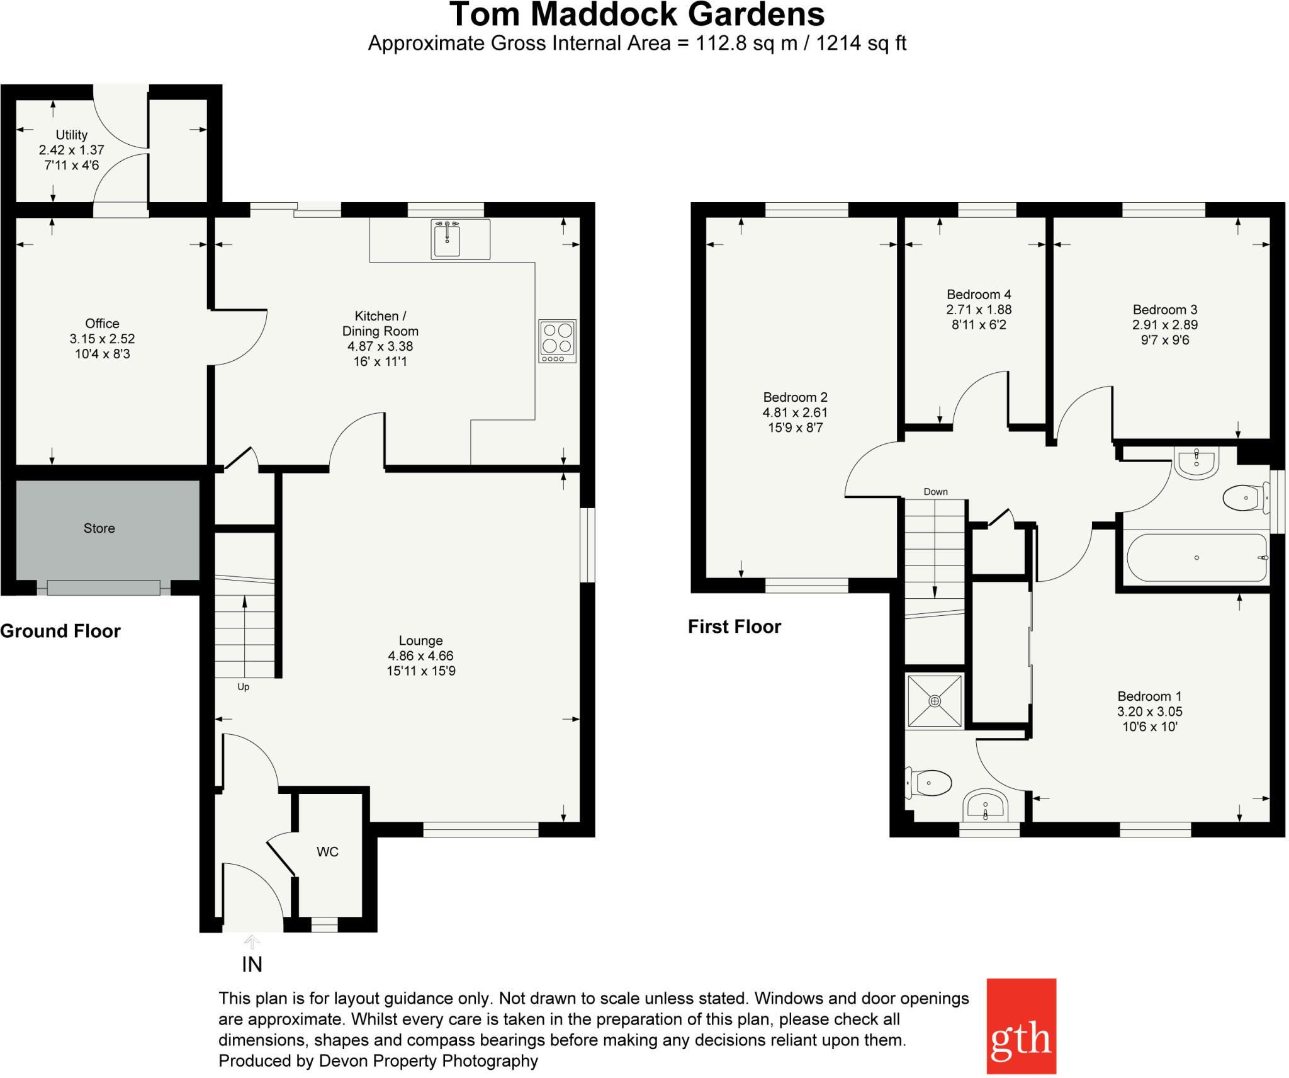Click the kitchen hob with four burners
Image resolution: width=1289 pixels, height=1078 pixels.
tap(557, 341)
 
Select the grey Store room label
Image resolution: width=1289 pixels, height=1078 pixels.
tap(99, 528)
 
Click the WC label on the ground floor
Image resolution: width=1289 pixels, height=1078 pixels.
tap(327, 852)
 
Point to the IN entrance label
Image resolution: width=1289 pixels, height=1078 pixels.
tap(252, 965)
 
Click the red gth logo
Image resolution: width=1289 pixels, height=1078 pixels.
tap(1021, 1026)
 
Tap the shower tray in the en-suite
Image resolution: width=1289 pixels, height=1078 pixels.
tap(935, 701)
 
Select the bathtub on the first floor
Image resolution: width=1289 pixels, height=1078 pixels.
tap(1196, 558)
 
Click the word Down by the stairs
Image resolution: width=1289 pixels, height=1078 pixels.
tap(936, 492)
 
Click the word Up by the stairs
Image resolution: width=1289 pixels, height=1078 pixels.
tap(244, 687)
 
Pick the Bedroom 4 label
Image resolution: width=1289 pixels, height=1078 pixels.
tap(979, 295)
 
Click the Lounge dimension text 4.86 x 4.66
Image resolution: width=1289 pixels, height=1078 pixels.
tap(420, 656)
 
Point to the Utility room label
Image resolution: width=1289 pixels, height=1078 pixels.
tap(72, 135)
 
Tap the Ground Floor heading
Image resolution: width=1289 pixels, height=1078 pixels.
tap(60, 631)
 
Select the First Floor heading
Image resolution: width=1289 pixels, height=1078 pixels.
tap(735, 627)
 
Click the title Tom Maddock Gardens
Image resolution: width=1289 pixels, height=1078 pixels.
tap(637, 14)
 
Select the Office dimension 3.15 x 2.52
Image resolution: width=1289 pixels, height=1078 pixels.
tap(103, 339)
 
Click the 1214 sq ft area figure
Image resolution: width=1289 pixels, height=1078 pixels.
tap(861, 43)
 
